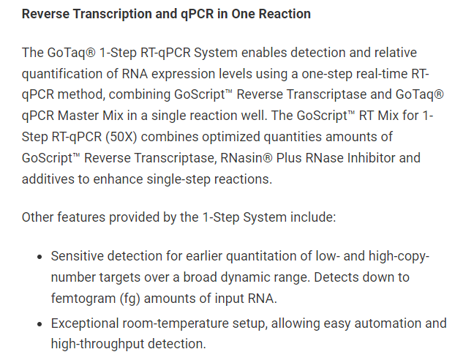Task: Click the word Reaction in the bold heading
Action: point(285,14)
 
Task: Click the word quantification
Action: point(61,75)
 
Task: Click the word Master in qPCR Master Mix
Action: point(78,116)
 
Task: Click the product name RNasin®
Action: point(247,158)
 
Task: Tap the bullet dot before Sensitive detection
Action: point(40,257)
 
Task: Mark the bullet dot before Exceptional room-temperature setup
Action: point(40,324)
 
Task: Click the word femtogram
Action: point(83,299)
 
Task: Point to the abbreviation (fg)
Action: point(130,299)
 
